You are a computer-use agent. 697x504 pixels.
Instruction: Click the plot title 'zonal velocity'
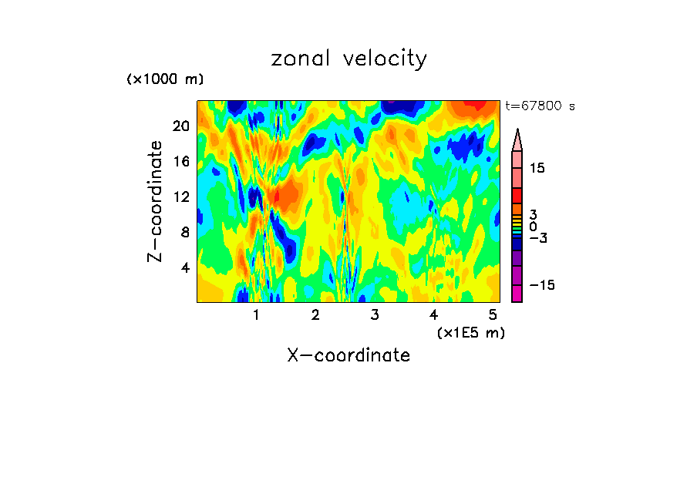click(348, 59)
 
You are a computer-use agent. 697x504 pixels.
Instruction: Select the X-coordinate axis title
click(348, 355)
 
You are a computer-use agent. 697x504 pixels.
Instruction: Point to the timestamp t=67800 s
click(540, 106)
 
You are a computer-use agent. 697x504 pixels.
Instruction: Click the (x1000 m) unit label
click(165, 79)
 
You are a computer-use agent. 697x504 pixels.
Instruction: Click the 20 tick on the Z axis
click(180, 126)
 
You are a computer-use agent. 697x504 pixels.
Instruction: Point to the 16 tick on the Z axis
click(180, 161)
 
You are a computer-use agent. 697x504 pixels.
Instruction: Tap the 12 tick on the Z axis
click(180, 197)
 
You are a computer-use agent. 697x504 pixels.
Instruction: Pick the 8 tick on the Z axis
click(184, 232)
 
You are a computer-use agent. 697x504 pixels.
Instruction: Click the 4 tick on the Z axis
click(184, 267)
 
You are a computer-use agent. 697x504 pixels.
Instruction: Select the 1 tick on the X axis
click(256, 315)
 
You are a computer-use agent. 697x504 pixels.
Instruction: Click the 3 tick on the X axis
click(374, 315)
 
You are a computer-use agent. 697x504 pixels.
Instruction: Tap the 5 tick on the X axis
click(492, 315)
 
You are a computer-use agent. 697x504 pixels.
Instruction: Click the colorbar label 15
click(537, 168)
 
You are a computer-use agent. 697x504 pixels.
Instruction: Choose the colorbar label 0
click(533, 227)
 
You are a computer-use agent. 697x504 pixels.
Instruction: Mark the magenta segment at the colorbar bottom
click(517, 294)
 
